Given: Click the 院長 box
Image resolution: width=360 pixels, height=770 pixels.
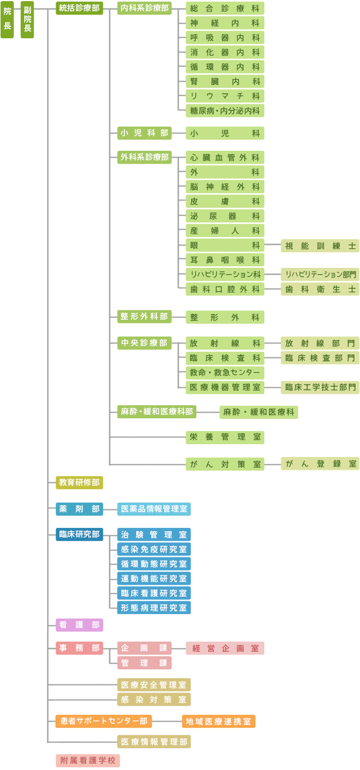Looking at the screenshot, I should coord(7,20).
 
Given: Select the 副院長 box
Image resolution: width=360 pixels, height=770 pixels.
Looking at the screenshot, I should coord(27,20).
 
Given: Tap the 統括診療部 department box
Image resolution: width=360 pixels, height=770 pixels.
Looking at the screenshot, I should coord(79,8).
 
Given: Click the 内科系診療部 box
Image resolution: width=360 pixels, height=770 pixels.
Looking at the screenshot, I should coord(145,8).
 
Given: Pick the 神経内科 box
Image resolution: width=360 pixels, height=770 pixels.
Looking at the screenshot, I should coord(225,23).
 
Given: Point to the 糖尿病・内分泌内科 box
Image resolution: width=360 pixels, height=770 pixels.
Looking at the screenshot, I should coord(225,111).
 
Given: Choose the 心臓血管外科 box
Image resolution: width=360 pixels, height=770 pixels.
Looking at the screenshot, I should coord(225,158).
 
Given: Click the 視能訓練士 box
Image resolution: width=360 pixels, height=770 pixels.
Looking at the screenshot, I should coord(320,245).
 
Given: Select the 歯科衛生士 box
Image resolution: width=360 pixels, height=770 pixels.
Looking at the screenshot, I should coord(320,289).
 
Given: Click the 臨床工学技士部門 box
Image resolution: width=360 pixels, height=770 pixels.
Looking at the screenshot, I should coord(320,387).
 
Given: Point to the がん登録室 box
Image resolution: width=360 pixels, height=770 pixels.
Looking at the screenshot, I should coord(320,464).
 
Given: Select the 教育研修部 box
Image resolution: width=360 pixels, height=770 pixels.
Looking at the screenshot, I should coord(79,482).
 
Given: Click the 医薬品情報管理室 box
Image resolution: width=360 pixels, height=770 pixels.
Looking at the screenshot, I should coord(154,509).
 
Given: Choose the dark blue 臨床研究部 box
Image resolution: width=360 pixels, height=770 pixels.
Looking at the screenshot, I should coord(79,534).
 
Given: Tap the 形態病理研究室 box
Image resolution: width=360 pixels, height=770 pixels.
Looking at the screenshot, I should coord(154,607).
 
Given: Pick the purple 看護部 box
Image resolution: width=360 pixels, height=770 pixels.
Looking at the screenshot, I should coord(79,625).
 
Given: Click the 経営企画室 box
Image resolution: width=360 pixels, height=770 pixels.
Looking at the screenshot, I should coord(225,648).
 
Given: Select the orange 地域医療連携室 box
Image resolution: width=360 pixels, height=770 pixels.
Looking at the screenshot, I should coord(218,722).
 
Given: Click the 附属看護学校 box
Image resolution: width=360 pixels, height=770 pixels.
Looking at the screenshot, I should coord(88,760).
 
